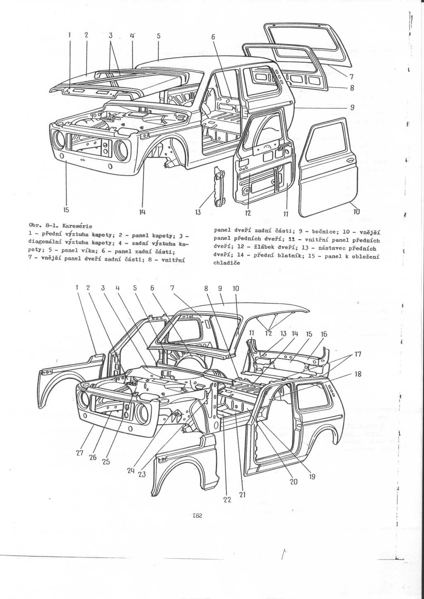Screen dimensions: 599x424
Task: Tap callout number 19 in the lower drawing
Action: click(x=312, y=476)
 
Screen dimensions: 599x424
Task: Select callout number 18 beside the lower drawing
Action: click(x=359, y=374)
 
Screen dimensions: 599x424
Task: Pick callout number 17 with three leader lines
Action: click(x=358, y=355)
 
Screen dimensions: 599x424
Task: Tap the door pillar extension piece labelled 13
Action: click(x=219, y=186)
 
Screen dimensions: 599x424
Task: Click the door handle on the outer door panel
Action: click(x=349, y=162)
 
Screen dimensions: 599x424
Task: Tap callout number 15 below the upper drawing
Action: click(x=66, y=209)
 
